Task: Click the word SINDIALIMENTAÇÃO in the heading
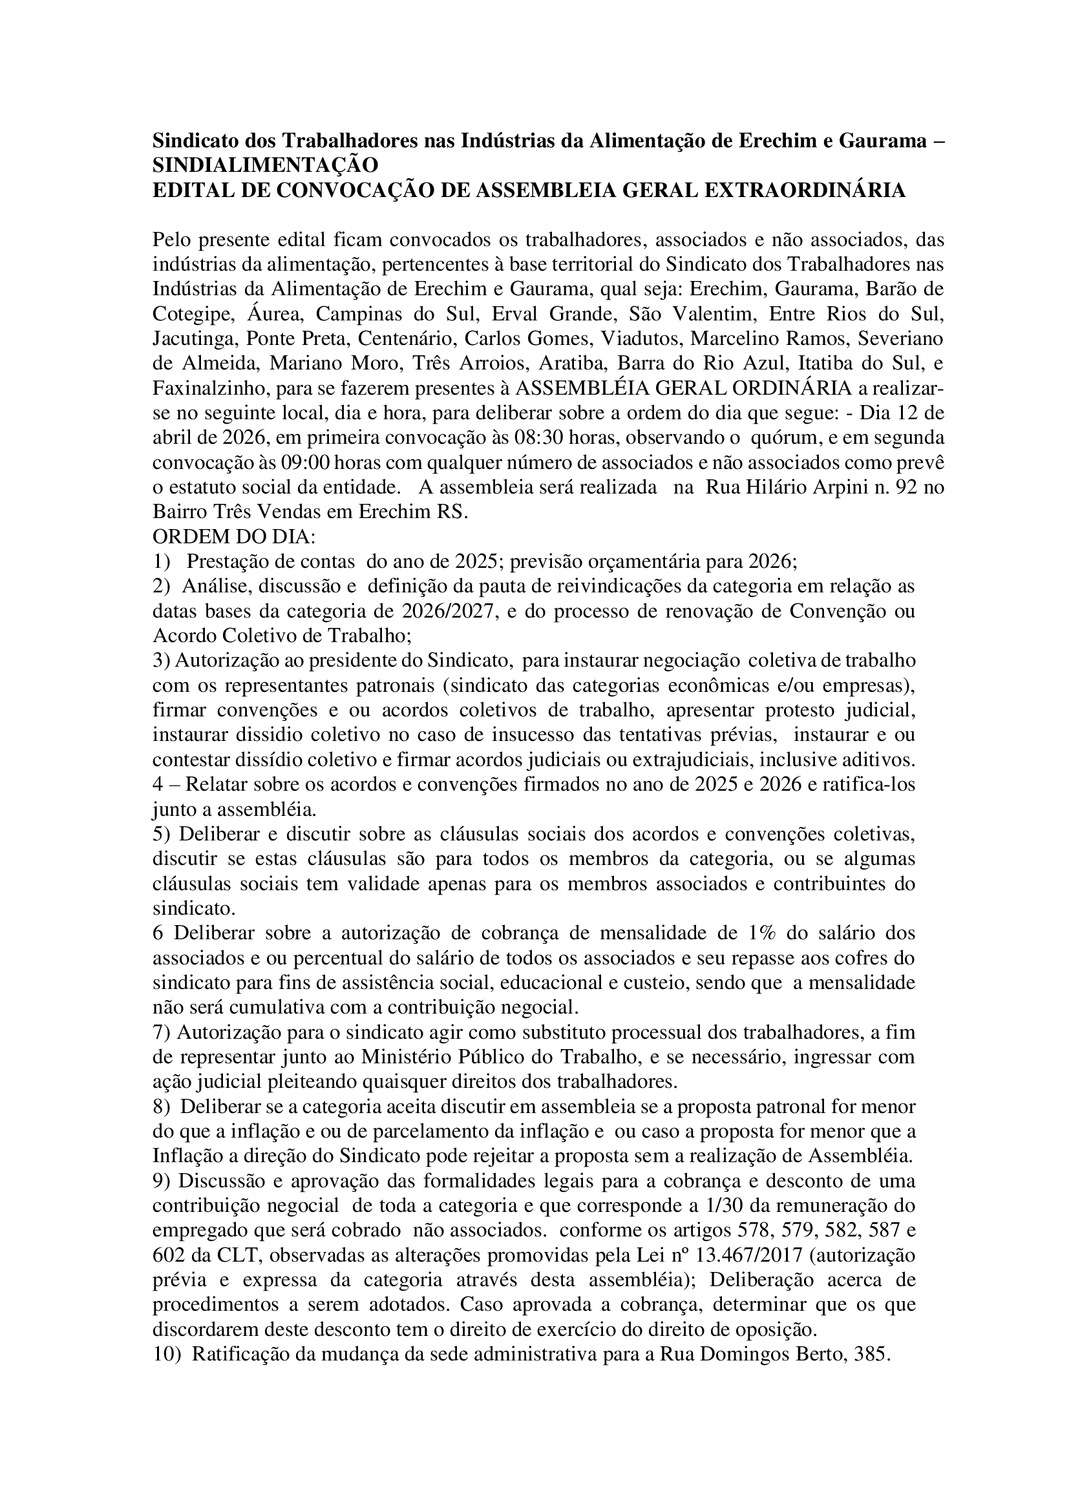265,165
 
